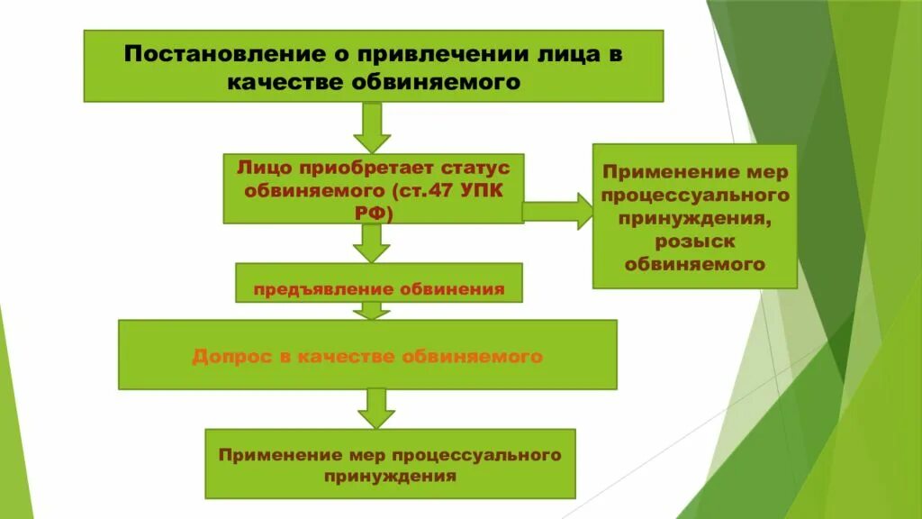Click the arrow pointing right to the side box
tap(557, 211)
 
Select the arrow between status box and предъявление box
tap(371, 243)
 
